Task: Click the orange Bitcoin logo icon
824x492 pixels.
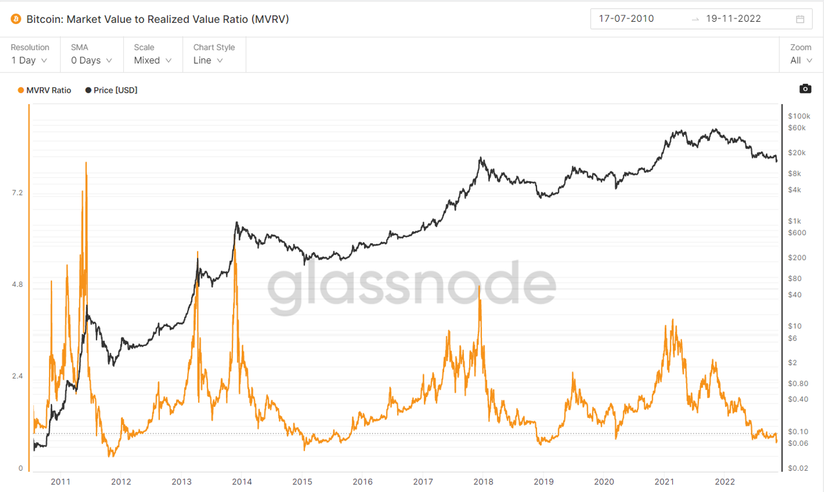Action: coord(16,19)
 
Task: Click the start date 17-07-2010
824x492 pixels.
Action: coord(626,19)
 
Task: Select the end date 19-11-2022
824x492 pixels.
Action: coord(733,19)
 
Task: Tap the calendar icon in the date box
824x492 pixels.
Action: coord(800,19)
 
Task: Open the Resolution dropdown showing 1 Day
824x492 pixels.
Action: coord(29,60)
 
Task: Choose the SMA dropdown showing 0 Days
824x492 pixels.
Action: coord(91,60)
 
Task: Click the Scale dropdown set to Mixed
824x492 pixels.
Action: coord(153,60)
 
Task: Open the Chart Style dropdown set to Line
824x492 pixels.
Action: coord(208,60)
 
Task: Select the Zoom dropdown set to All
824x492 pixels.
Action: coord(801,60)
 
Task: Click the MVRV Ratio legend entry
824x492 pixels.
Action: coord(45,90)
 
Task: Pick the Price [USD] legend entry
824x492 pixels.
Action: coord(111,90)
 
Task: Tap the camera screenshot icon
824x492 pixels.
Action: coord(805,88)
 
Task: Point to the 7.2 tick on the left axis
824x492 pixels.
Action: coord(17,193)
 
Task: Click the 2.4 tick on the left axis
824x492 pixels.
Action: coord(17,376)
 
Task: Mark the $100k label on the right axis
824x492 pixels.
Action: coord(799,116)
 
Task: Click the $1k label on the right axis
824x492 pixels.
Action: coord(795,221)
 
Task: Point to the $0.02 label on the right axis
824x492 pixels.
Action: coord(798,468)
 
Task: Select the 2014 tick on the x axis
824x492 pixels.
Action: coord(242,482)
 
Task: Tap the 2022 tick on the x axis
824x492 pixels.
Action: coord(725,482)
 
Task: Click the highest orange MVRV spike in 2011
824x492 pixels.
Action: coord(86,163)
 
